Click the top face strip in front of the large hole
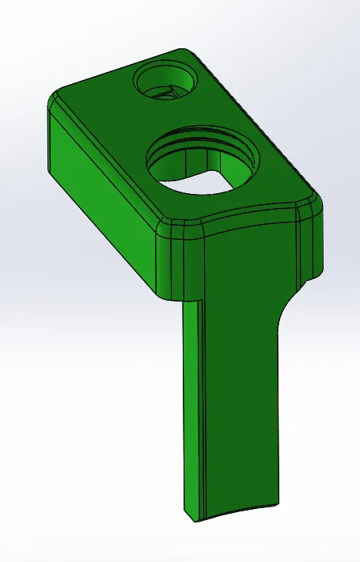click(237, 202)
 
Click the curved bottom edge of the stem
click(237, 513)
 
